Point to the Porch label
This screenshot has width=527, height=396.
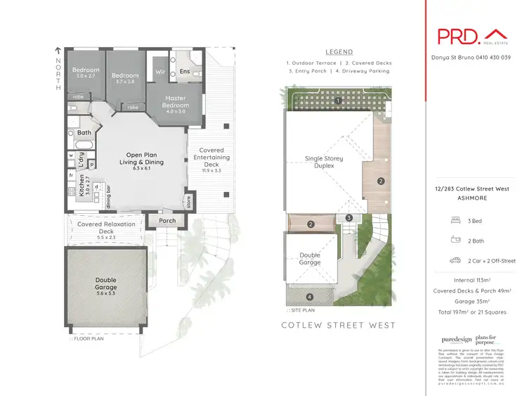[167, 221]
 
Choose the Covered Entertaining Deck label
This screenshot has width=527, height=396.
[212, 160]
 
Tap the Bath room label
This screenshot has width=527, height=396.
[84, 132]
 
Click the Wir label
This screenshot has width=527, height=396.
[160, 72]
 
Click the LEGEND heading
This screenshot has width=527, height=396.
[339, 52]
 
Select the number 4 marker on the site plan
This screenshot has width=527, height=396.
[310, 296]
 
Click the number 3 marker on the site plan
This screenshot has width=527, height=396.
[349, 218]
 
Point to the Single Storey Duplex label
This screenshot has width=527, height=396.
[324, 163]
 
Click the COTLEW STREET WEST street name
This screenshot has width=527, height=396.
[338, 325]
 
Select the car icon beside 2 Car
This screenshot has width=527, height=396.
[455, 260]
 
